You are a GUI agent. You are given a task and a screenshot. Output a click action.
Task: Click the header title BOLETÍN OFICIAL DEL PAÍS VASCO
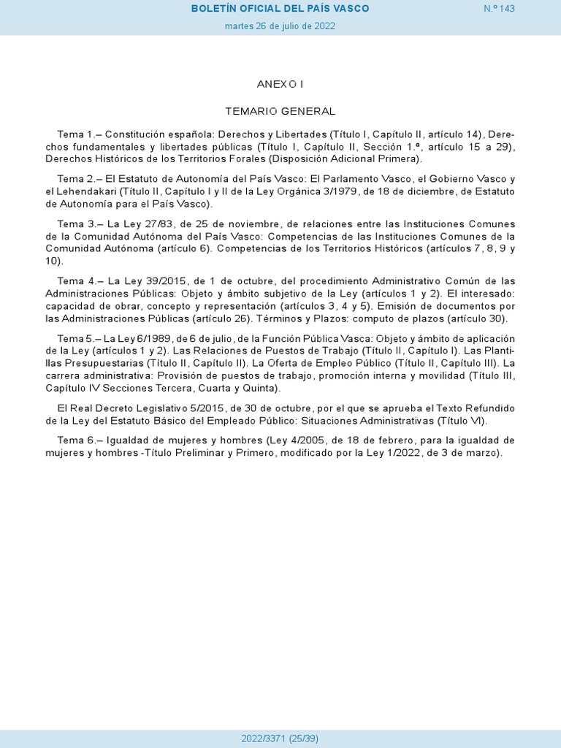[280, 8]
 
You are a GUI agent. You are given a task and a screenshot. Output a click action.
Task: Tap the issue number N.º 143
[500, 8]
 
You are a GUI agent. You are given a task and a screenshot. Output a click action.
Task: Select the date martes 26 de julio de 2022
[280, 26]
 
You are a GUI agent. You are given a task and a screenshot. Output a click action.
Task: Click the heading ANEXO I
[280, 84]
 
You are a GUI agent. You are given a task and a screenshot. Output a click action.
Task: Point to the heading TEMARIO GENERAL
[280, 111]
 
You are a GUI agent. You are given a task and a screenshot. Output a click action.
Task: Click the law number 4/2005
[315, 440]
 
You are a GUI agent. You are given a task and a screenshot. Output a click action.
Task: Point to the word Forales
[235, 159]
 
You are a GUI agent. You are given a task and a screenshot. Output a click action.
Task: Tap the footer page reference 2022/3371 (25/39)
[280, 739]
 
